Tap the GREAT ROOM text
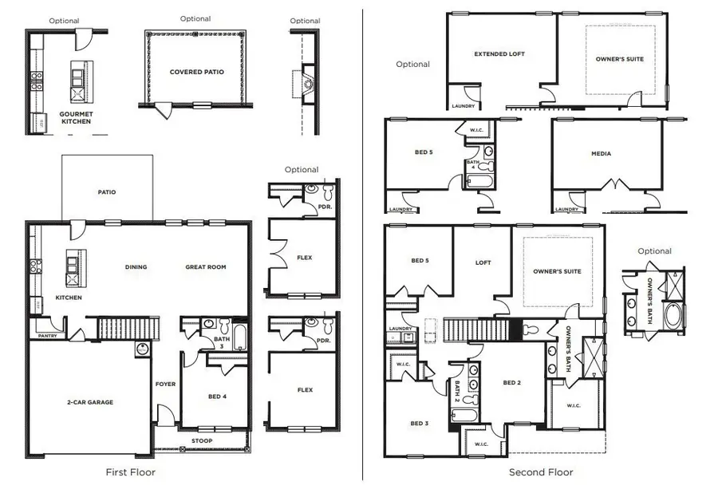tap(206, 267)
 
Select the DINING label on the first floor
tap(136, 267)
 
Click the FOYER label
tap(165, 384)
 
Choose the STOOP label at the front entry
tap(201, 440)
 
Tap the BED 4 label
tap(217, 396)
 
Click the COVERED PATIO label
tap(196, 72)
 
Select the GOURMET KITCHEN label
tap(76, 118)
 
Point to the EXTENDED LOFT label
tap(499, 54)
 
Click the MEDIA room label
tap(601, 154)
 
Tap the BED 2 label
tap(511, 383)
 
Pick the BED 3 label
tap(420, 424)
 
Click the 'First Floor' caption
tap(131, 472)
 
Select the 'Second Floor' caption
tap(541, 472)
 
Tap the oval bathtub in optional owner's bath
tap(674, 315)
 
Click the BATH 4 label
tap(471, 165)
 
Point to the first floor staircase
tap(126, 327)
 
